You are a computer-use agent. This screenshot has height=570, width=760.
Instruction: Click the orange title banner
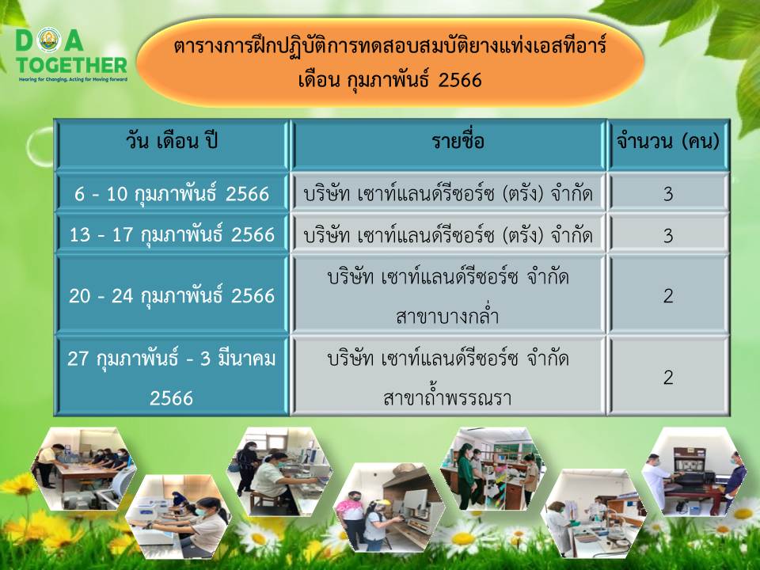(390, 63)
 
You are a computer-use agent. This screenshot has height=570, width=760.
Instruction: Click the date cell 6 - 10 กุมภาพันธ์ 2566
(172, 193)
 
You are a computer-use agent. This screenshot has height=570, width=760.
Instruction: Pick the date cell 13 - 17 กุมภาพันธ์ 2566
(172, 234)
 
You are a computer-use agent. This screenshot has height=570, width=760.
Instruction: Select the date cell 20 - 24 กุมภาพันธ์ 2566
(172, 294)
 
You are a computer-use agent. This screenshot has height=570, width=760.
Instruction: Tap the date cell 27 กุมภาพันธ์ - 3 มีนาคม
(172, 376)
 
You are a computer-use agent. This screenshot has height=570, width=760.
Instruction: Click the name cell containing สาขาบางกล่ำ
(448, 294)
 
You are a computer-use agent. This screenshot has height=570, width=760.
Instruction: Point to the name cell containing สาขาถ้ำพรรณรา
(448, 376)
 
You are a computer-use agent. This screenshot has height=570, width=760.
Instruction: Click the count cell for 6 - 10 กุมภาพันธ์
(668, 193)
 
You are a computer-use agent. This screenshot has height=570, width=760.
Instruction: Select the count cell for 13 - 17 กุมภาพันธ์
(668, 234)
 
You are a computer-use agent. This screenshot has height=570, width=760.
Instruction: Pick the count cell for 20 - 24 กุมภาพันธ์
(668, 294)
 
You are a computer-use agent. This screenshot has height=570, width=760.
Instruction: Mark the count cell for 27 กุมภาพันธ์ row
(668, 376)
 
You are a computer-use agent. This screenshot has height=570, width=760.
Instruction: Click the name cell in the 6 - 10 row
(448, 193)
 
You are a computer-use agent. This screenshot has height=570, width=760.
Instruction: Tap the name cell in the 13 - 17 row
(448, 234)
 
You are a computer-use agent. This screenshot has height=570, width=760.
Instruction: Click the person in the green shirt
(465, 475)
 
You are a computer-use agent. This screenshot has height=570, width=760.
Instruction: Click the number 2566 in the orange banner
(459, 79)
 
